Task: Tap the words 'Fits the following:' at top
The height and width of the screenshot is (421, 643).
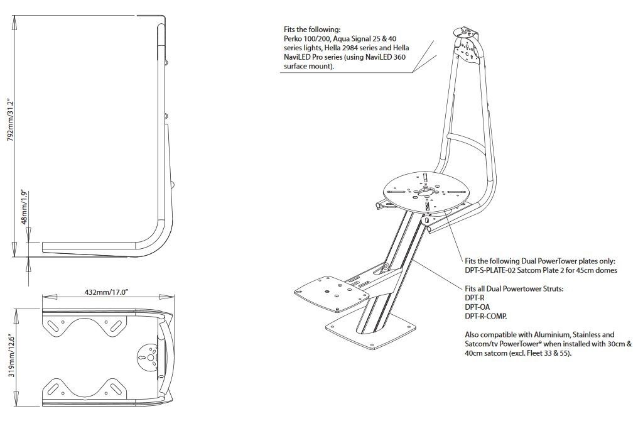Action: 312,29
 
